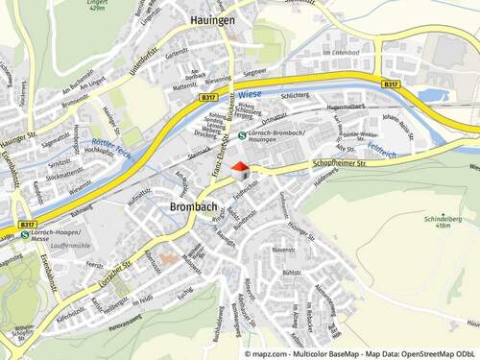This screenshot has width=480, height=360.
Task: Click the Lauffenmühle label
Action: (50, 247)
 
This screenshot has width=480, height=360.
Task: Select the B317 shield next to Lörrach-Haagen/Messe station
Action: (27, 223)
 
